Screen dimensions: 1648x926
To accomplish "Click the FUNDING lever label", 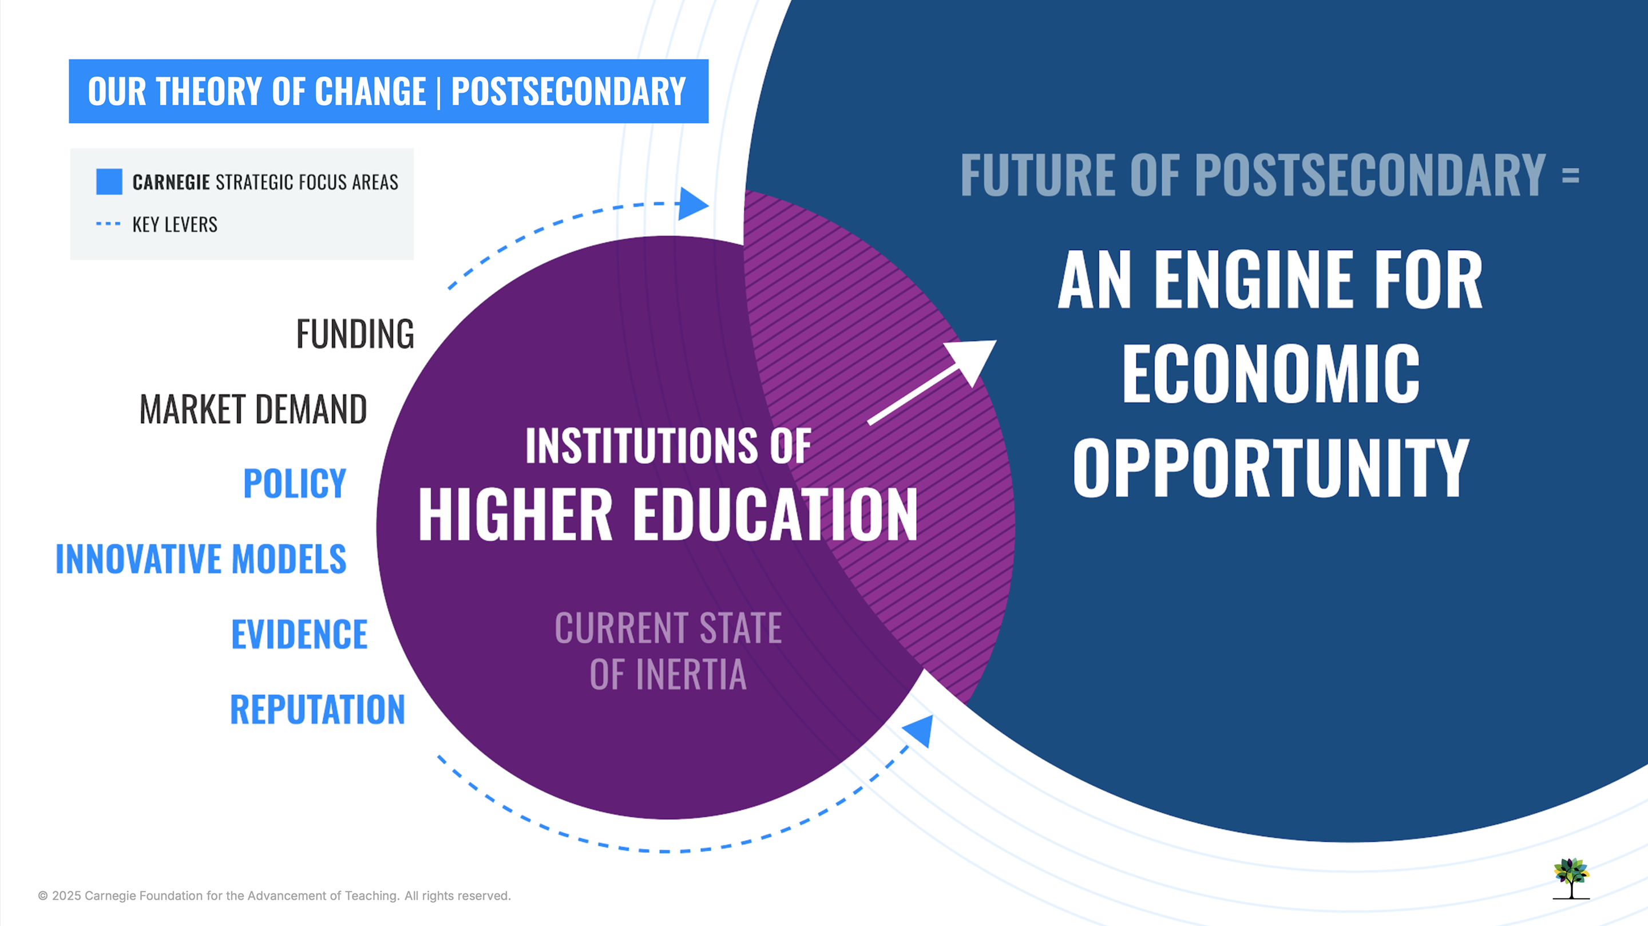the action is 355,334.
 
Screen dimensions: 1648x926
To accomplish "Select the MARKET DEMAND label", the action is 253,410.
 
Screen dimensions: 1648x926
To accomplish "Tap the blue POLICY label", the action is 295,484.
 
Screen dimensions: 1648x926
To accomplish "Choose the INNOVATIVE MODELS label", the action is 201,559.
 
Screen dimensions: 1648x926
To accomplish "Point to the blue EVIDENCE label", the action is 299,634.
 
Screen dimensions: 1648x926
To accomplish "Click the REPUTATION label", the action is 318,710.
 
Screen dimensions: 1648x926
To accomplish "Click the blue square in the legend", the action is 109,182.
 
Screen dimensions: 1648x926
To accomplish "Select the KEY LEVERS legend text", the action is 175,224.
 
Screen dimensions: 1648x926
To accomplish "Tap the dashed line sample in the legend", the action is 108,224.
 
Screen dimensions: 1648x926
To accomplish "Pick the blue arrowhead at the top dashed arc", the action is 693,204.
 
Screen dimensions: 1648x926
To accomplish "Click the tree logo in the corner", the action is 1571,878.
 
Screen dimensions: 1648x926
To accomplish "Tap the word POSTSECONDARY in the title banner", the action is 569,92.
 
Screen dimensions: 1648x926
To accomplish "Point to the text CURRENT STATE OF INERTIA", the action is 668,651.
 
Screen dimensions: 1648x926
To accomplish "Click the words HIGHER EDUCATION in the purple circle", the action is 668,515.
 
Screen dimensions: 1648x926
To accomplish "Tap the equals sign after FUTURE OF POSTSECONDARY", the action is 1571,175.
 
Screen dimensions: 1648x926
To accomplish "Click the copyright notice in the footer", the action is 275,896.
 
